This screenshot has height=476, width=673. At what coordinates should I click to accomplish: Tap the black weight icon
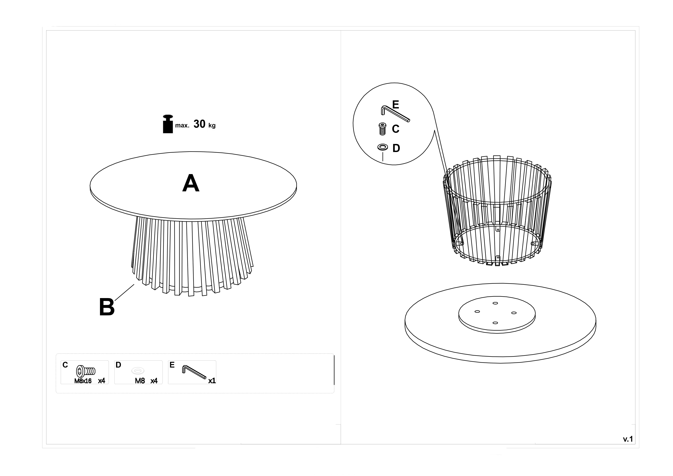point(168,124)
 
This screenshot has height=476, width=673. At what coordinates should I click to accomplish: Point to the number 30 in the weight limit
point(199,124)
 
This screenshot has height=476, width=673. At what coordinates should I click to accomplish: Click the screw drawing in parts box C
point(86,371)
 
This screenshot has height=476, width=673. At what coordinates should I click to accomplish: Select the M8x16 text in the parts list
point(83,381)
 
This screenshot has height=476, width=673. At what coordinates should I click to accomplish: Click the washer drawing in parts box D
point(138,371)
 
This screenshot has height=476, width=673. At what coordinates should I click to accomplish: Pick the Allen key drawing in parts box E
point(194,372)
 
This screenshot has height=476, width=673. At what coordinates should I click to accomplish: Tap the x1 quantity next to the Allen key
point(212,381)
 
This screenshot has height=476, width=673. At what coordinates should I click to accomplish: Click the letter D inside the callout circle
point(396,148)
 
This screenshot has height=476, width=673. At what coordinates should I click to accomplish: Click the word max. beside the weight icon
point(182,126)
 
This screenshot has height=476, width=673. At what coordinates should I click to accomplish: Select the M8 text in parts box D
point(140,381)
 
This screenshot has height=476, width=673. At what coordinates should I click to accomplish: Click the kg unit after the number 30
point(212,126)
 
